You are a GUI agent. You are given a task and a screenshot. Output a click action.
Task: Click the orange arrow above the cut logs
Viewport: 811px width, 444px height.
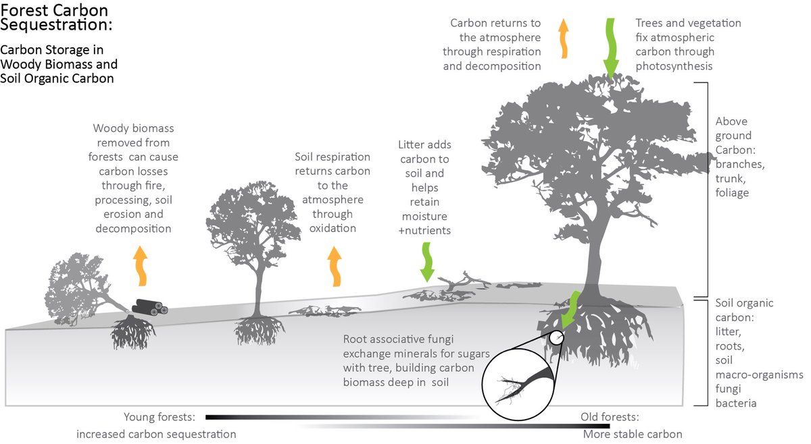click(x=141, y=266)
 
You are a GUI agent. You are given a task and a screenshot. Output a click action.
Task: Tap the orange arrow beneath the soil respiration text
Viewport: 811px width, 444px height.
click(x=335, y=265)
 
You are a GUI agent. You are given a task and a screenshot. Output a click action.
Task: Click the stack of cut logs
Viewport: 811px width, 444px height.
click(x=148, y=307)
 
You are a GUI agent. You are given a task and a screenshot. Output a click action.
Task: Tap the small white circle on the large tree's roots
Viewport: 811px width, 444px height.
click(x=556, y=337)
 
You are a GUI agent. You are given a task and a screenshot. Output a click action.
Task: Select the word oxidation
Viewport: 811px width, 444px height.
click(x=333, y=228)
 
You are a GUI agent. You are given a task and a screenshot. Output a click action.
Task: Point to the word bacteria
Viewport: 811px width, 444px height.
click(x=736, y=404)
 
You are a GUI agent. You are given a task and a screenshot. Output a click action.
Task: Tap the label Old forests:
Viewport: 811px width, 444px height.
click(x=610, y=417)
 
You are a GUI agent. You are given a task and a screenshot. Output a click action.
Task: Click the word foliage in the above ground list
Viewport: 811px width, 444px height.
click(x=733, y=192)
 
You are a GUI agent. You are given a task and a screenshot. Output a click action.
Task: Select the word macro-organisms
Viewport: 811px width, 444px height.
click(x=760, y=374)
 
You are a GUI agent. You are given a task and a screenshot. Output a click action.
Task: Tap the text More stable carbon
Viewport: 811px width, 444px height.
click(x=631, y=434)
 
